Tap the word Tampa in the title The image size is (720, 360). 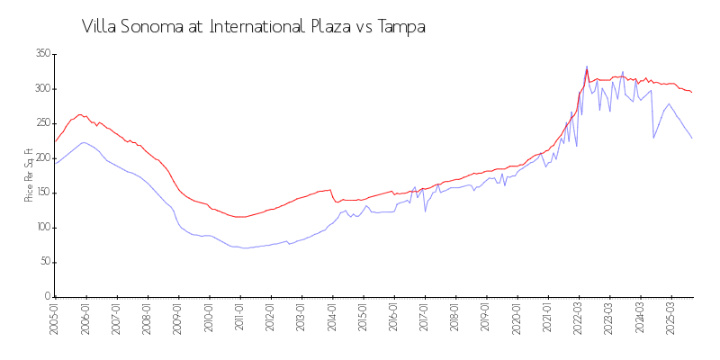click(400, 27)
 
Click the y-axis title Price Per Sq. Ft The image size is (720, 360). click(29, 175)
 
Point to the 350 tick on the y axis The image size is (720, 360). click(41, 54)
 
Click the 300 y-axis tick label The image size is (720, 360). click(41, 89)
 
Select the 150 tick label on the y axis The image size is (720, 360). click(41, 193)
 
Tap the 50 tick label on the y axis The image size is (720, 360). click(44, 262)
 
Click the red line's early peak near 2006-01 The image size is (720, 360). click(80, 114)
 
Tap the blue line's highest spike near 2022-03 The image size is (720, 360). click(587, 66)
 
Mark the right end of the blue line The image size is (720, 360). click(692, 138)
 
